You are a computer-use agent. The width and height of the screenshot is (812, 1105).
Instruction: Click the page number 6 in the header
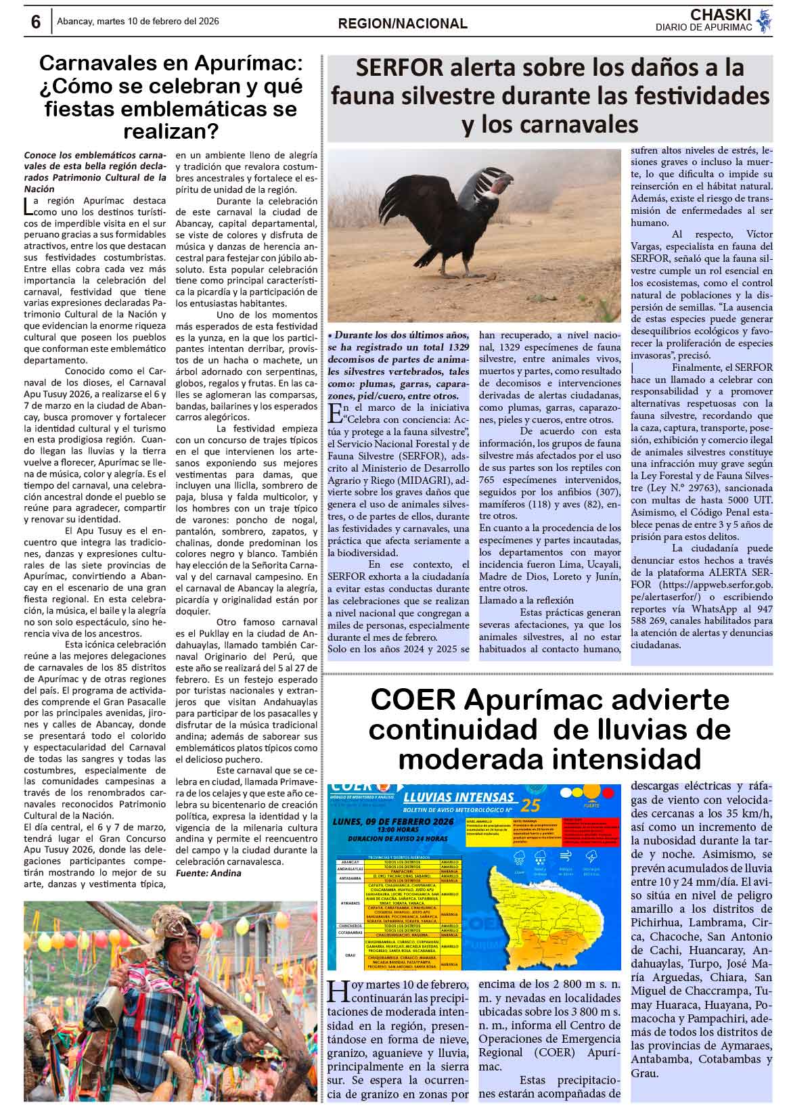coord(35,22)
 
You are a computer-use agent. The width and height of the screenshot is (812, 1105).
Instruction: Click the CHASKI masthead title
coord(721,15)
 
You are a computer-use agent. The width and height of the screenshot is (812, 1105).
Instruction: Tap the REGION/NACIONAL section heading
coord(403,24)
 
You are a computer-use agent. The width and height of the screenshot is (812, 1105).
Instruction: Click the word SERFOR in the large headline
coord(399,68)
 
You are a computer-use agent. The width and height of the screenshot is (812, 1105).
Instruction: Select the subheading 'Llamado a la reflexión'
coord(526,600)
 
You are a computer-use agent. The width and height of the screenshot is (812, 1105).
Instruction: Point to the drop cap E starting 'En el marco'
coord(333,411)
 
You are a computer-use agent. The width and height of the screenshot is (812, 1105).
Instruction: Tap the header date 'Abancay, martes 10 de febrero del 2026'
coord(137,22)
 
